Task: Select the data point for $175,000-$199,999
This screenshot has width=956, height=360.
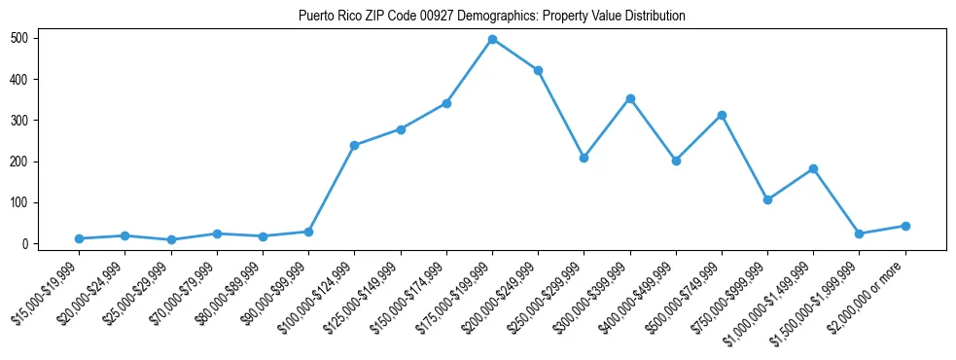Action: tap(492, 39)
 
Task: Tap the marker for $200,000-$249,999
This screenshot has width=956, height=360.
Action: tap(538, 70)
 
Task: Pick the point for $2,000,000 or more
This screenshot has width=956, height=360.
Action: tap(905, 226)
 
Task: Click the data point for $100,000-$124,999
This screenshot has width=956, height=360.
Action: tap(354, 145)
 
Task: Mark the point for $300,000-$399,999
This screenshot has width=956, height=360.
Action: tap(630, 98)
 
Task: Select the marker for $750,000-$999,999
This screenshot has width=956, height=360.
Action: tap(767, 199)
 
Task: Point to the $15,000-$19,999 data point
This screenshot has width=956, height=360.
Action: tap(79, 238)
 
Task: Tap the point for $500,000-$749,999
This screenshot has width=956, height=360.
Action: tap(722, 115)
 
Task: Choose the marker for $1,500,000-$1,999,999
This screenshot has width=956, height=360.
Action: tap(859, 234)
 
